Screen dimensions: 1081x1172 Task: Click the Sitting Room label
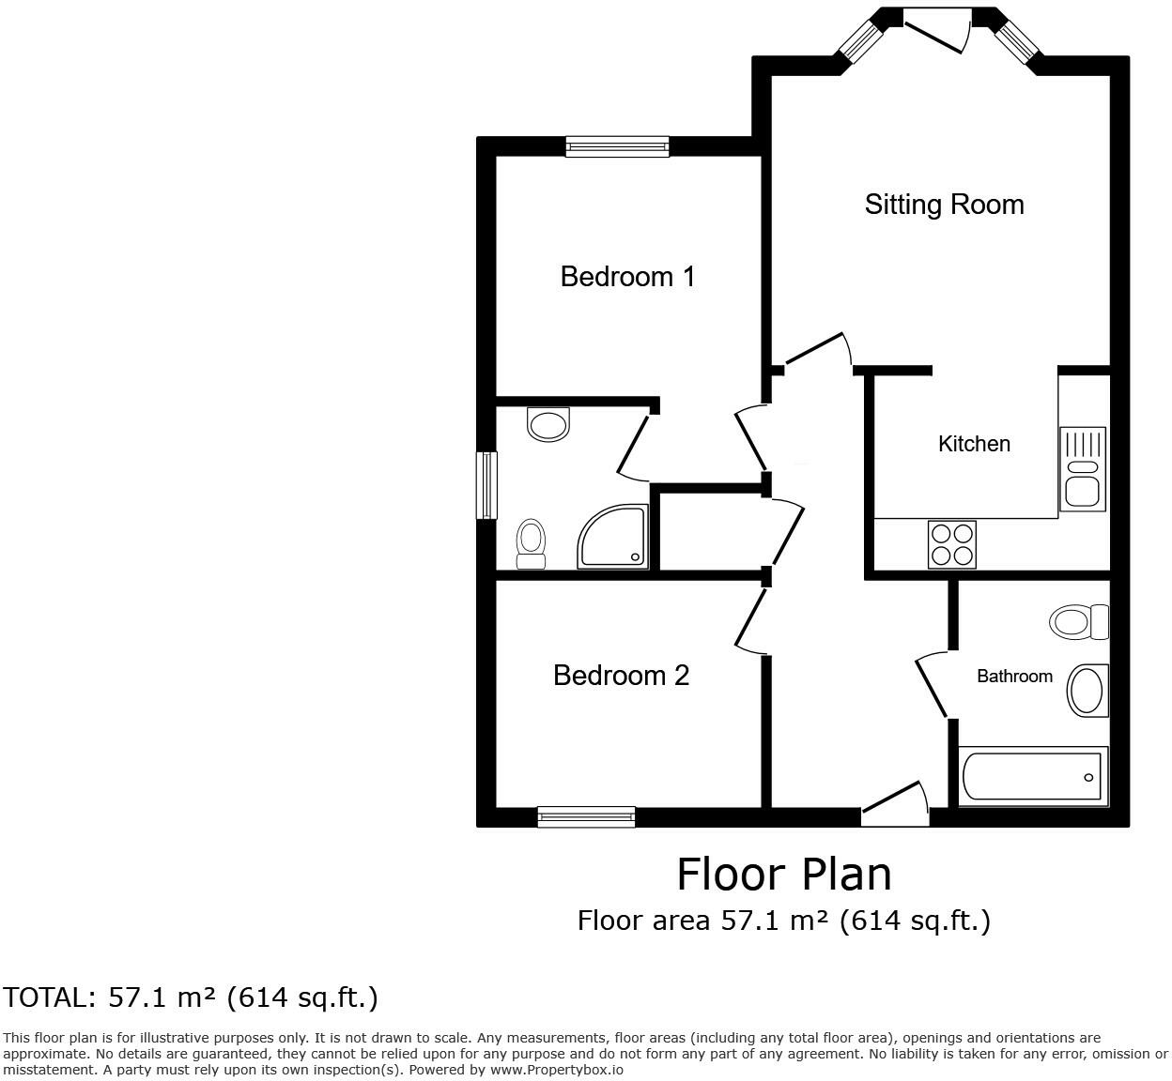tap(944, 205)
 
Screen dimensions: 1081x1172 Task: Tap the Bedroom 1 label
tap(627, 277)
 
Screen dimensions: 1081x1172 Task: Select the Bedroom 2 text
tap(621, 676)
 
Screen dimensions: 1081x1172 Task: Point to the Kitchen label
tap(974, 444)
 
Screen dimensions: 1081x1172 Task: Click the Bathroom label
tap(1014, 677)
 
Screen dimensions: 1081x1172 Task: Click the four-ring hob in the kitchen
tap(951, 544)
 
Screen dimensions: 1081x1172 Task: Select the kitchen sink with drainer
tap(1083, 469)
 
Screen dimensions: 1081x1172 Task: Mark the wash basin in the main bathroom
tap(1087, 691)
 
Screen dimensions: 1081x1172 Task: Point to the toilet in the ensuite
tap(532, 544)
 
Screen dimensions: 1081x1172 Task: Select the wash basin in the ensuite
tap(548, 424)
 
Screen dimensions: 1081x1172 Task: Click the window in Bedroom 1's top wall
tap(617, 146)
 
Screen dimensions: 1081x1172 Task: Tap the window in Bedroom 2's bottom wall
tap(586, 817)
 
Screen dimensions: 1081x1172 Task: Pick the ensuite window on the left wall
tap(486, 485)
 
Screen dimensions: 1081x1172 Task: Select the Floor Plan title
tap(783, 875)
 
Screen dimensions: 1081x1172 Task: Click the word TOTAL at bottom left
tap(50, 997)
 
